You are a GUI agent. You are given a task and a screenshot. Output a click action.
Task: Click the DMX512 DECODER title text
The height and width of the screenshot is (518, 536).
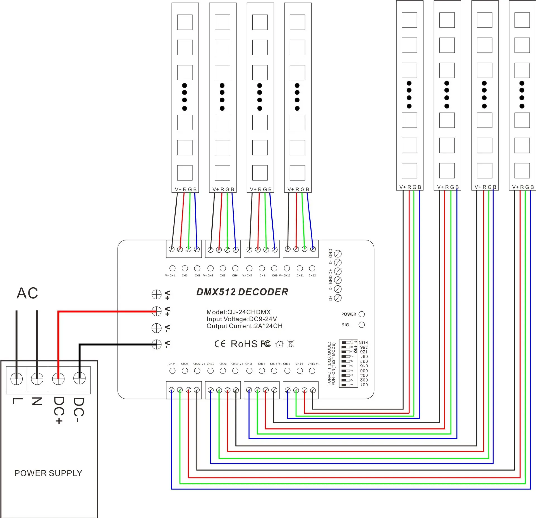coord(242,292)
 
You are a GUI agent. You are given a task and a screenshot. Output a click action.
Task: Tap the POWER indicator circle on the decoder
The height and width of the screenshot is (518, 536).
coord(362,314)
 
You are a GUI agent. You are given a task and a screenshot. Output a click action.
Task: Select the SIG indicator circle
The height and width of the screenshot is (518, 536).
coord(362,325)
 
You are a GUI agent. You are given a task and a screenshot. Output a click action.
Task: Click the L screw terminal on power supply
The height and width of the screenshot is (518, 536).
coord(16,379)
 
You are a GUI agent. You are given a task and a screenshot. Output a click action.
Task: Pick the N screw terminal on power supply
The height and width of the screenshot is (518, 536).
coord(37,379)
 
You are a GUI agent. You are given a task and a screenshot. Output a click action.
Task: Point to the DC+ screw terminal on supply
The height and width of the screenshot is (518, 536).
coord(58,379)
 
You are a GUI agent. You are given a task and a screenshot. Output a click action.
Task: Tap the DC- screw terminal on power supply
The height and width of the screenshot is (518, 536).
coord(79,379)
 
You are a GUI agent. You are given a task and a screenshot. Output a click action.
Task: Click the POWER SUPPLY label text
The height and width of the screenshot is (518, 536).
coord(48,473)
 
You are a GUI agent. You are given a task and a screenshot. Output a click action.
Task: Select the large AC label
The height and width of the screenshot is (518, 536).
coord(27,293)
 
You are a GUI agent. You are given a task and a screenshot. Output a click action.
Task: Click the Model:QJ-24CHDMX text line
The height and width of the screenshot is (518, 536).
coord(239,312)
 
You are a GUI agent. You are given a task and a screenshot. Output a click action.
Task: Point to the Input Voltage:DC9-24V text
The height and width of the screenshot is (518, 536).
coord(242,319)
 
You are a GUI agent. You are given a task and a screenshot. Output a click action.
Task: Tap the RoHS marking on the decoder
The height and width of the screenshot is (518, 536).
coord(244,344)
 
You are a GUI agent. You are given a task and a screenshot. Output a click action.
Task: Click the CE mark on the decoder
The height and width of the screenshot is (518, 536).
coord(220,344)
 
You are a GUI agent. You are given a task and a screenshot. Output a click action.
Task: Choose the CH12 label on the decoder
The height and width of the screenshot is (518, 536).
coord(312,276)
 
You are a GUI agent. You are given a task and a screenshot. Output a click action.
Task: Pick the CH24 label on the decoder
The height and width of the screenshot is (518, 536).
coord(172,364)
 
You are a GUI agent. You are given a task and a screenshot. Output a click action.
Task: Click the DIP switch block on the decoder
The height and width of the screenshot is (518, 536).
coord(348,363)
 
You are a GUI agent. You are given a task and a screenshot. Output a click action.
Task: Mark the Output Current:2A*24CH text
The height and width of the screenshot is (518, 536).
coord(245,326)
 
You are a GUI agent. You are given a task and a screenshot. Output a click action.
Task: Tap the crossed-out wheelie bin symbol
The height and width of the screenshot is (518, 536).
coord(291,344)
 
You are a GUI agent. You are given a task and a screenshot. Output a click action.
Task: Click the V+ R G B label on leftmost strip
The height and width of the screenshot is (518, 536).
coord(186,189)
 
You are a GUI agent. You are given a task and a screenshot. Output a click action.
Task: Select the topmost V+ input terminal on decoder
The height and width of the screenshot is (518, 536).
coord(156,294)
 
